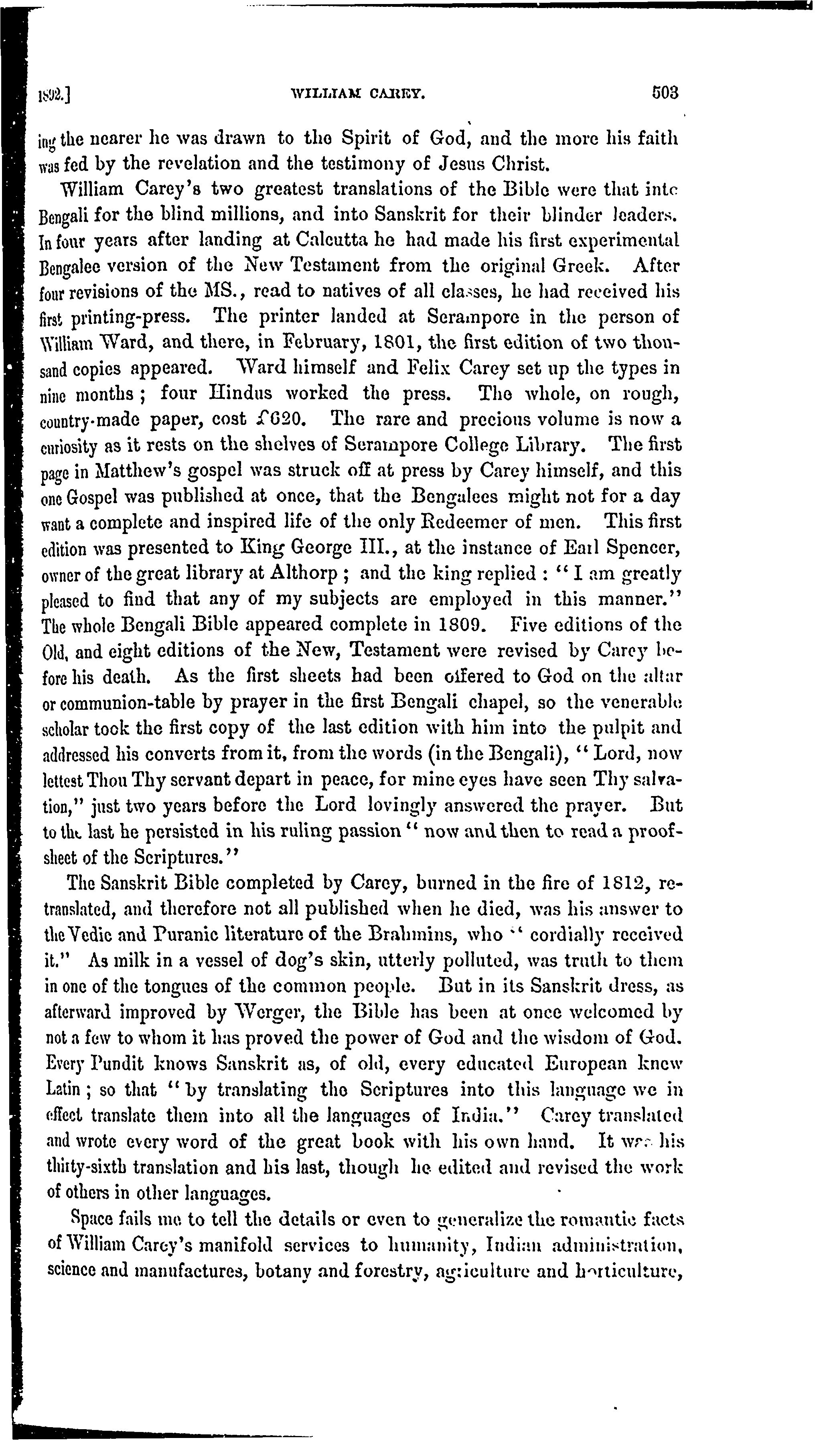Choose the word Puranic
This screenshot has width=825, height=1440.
point(220,934)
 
